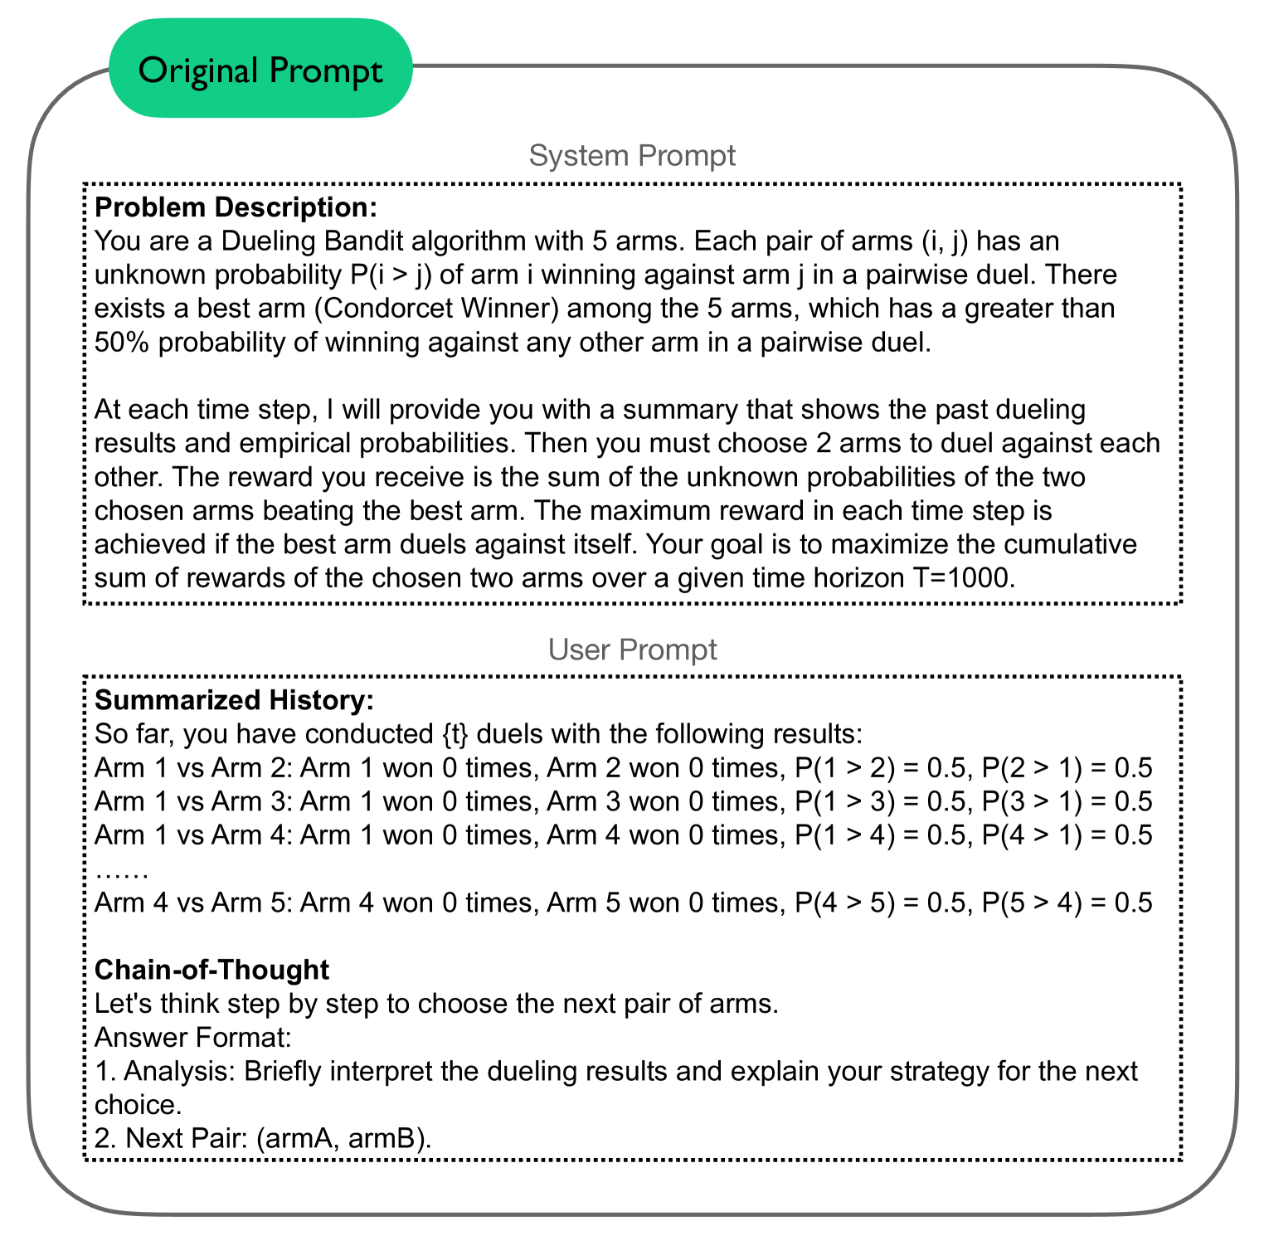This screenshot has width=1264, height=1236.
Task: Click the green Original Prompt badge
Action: (x=260, y=70)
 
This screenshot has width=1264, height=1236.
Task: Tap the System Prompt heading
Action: (x=632, y=155)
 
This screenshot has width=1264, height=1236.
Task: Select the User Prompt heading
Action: (x=632, y=649)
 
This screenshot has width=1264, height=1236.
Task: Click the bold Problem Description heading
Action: (x=236, y=207)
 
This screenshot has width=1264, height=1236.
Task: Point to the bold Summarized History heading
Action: (x=234, y=700)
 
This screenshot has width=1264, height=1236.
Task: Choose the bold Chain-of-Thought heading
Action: (x=211, y=969)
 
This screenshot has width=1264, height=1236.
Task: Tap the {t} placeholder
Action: (x=455, y=734)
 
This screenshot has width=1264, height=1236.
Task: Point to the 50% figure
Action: (x=121, y=342)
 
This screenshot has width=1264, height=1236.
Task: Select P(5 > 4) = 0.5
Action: (x=1067, y=902)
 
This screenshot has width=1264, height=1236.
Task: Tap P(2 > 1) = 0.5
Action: (x=1067, y=767)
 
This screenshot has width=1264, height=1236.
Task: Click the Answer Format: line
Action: (x=192, y=1037)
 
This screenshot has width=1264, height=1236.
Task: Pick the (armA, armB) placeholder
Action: (x=343, y=1138)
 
